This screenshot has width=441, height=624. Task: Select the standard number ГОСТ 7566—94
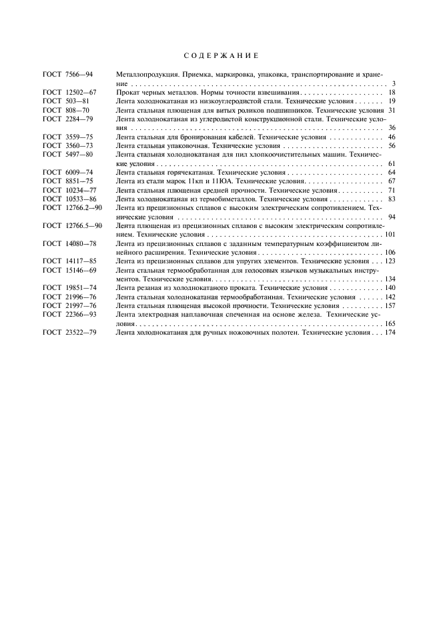67,75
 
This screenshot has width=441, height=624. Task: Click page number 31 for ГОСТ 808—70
392,109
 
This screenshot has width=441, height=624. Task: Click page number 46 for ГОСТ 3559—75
392,136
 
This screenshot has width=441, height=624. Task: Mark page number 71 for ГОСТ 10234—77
392,190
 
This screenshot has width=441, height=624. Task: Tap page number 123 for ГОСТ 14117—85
390,261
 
